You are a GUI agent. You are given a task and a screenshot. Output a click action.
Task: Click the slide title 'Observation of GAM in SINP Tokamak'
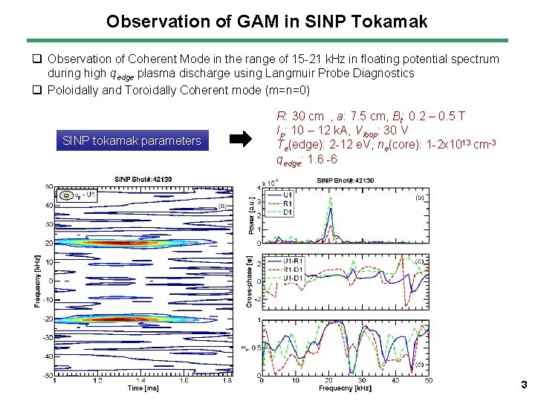click(x=267, y=21)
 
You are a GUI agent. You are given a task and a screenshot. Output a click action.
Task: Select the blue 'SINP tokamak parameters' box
click(x=132, y=140)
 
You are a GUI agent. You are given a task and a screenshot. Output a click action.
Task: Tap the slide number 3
click(x=523, y=385)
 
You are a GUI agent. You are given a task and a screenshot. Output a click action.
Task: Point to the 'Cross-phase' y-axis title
click(x=251, y=281)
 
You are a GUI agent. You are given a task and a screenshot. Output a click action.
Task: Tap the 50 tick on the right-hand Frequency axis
click(x=427, y=380)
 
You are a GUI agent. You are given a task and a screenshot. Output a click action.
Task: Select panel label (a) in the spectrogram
click(x=221, y=207)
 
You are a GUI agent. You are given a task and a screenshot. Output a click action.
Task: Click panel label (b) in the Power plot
click(x=419, y=198)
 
